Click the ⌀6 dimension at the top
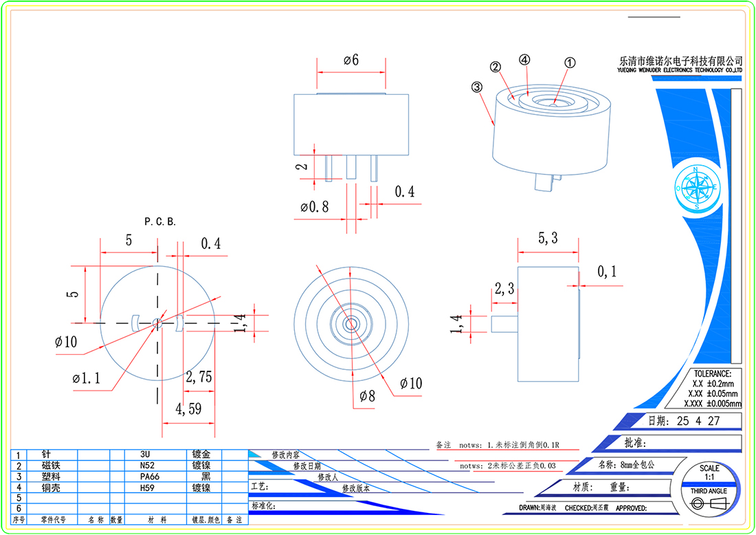coord(351,60)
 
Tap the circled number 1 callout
coord(569,62)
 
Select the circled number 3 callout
coord(476,87)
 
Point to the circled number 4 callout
coord(525,60)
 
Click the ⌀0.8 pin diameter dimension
coord(314,206)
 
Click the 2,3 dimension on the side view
coord(505,290)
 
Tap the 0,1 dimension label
coord(607,272)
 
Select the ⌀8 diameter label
coord(368,395)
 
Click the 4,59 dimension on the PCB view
coord(188,408)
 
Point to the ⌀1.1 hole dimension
coord(87,378)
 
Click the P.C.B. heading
coord(160,221)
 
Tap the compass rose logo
coord(696,187)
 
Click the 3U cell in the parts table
coord(145,455)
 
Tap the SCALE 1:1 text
coord(710,472)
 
